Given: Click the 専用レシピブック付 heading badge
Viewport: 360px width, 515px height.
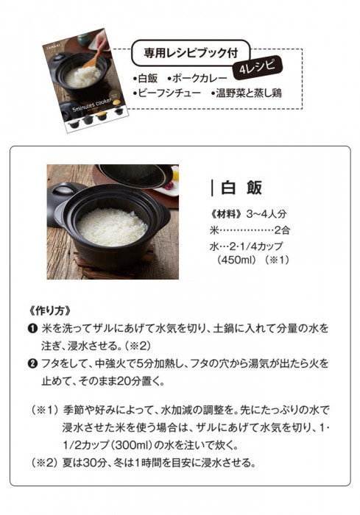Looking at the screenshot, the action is pos(191,53).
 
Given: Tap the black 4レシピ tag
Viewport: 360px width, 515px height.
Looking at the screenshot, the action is pos(258,68).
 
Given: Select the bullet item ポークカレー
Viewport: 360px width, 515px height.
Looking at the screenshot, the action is pos(197,79).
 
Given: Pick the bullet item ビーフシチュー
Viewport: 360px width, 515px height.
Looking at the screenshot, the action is pos(166,93).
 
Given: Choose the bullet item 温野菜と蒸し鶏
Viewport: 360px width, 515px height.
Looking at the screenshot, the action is pos(247,93).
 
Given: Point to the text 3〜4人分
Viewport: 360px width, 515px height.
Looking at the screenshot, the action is pos(267,214).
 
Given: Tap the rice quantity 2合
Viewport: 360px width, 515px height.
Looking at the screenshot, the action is pos(282,230).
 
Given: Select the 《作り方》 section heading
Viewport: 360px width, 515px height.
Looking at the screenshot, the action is pos(49,310).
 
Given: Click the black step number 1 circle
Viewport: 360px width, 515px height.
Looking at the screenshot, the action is pos(33,328).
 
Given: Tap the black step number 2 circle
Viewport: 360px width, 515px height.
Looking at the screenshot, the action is pos(33,364).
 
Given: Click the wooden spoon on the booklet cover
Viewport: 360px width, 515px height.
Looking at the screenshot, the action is pos(93,59).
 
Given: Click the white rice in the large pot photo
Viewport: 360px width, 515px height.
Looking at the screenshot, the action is pos(112,227).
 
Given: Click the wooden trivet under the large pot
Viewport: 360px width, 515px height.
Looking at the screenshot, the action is pos(115,263).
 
